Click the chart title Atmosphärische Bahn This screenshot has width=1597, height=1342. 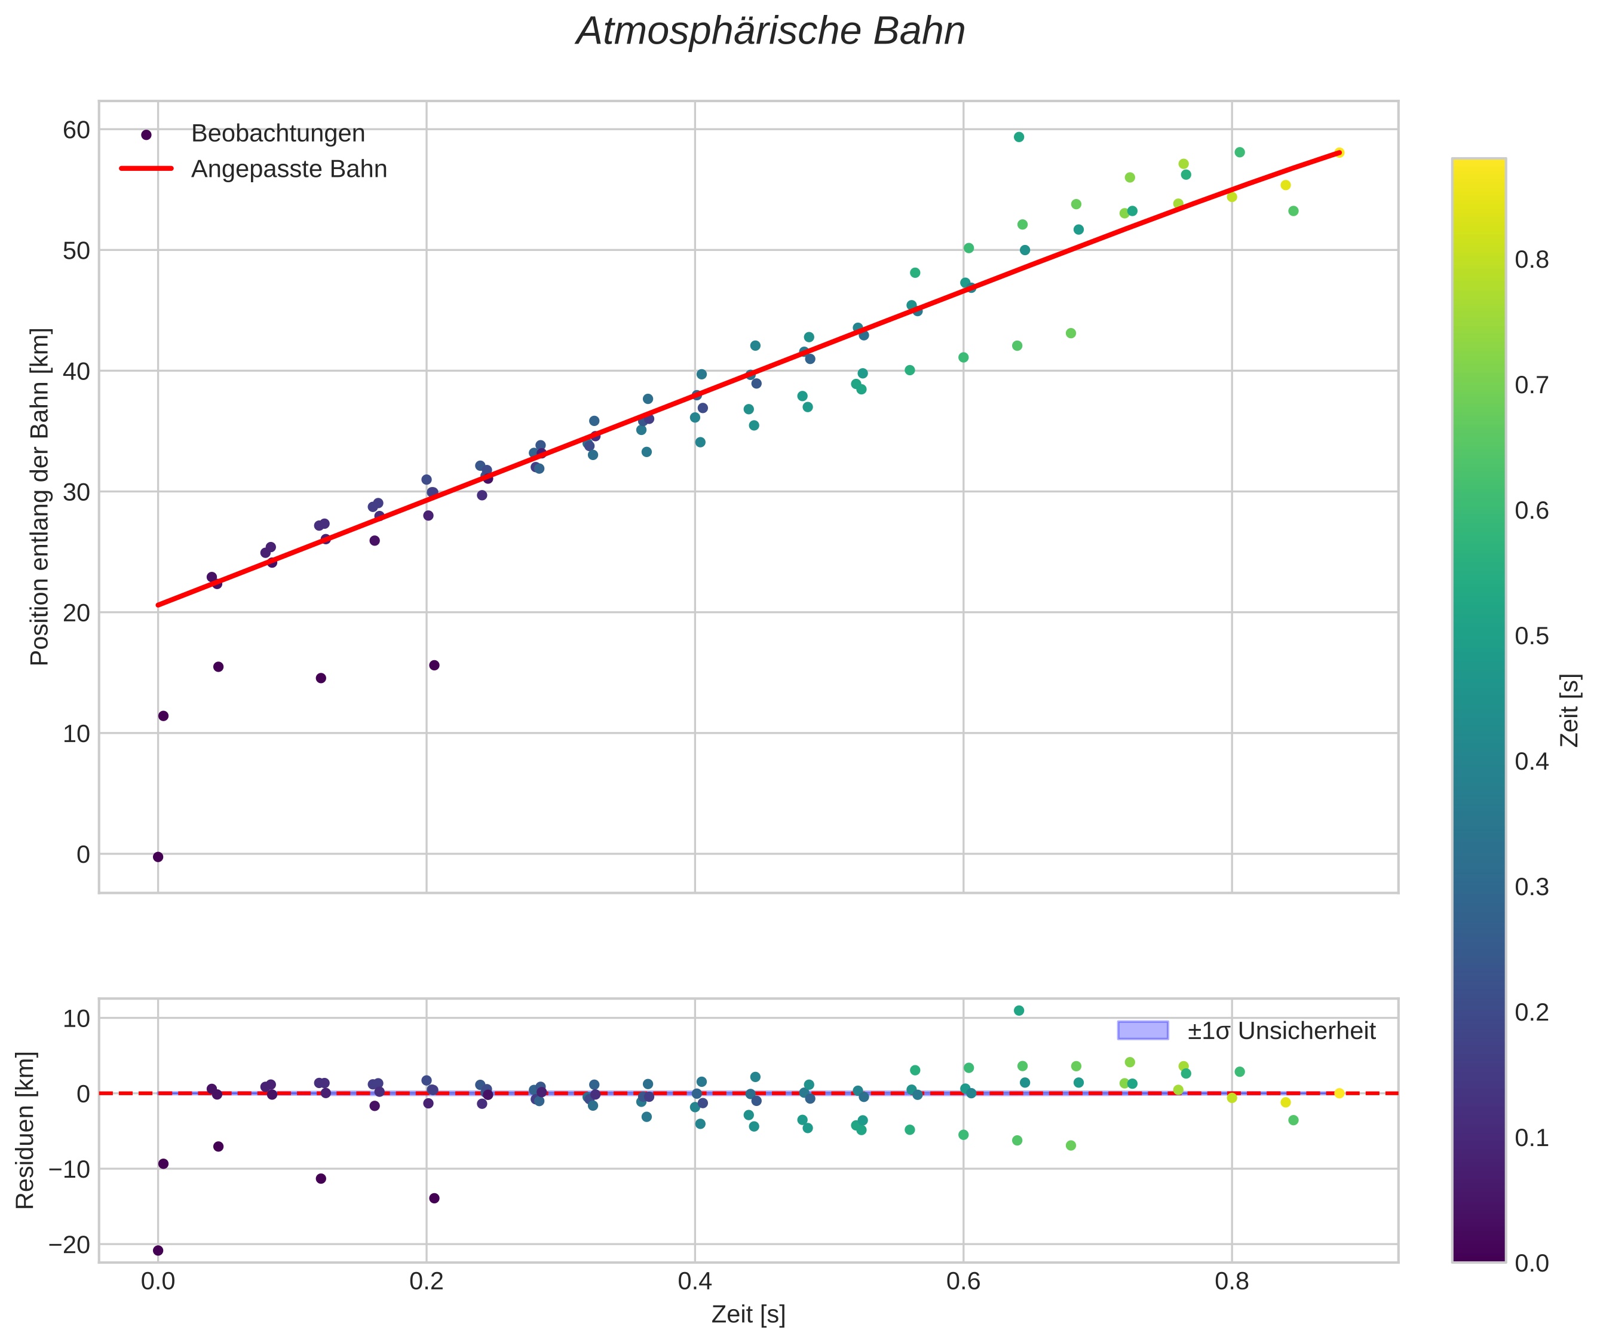770,32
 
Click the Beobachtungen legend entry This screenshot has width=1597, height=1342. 278,134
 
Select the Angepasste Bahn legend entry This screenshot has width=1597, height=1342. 289,169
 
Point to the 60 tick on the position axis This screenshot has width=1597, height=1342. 76,130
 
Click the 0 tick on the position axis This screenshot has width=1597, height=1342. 83,854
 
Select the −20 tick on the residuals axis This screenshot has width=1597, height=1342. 69,1245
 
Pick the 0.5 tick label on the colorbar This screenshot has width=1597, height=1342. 1531,636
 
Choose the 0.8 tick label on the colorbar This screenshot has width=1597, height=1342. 1531,260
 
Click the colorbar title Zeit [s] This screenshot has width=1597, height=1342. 1570,710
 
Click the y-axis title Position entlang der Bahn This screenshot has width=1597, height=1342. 39,496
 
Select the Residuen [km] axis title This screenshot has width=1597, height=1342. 25,1130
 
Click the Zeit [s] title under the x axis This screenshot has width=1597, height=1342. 748,1315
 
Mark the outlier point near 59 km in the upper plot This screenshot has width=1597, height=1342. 1019,137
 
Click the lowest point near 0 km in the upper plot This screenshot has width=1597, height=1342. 158,857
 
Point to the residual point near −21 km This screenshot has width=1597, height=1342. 158,1251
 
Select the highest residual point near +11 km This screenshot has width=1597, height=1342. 1019,1010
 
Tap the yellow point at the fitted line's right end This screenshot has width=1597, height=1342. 1339,153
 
